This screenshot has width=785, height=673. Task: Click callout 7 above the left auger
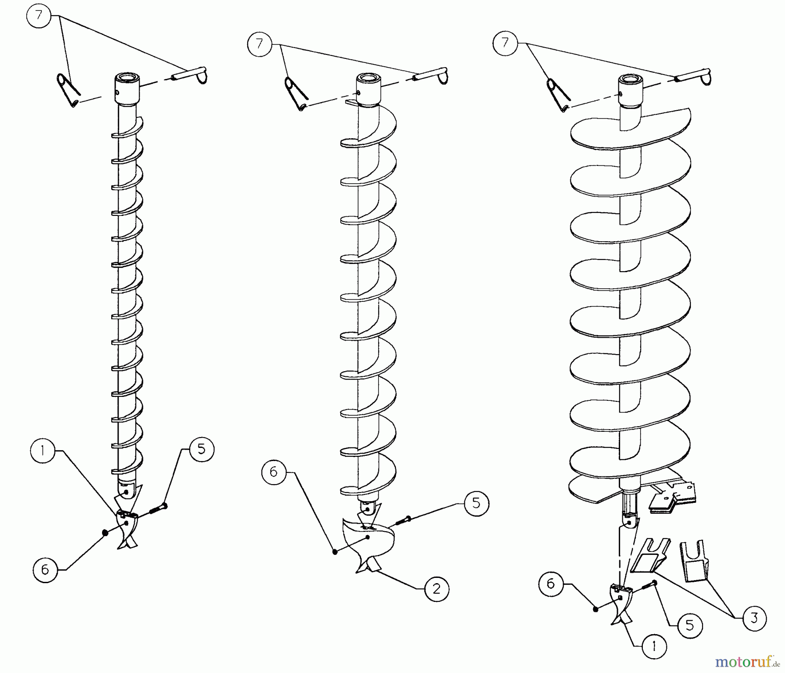tap(39, 16)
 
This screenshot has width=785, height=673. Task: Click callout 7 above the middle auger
tap(260, 44)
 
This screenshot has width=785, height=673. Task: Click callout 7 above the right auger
tap(505, 43)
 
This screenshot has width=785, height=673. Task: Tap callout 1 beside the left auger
tap(43, 451)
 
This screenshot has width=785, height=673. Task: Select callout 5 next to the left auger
tap(201, 449)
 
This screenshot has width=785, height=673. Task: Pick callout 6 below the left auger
tap(45, 569)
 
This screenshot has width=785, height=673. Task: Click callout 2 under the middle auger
tap(437, 589)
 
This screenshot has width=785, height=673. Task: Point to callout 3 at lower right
tap(754, 618)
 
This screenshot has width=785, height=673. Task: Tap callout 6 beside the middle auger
tap(274, 472)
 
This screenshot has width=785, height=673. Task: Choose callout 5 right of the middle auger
tap(476, 503)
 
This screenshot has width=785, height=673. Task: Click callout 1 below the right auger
tap(654, 646)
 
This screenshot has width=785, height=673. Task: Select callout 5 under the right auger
tap(690, 626)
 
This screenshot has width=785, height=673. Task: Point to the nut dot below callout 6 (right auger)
tap(596, 609)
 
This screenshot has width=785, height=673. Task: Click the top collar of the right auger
tap(630, 92)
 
